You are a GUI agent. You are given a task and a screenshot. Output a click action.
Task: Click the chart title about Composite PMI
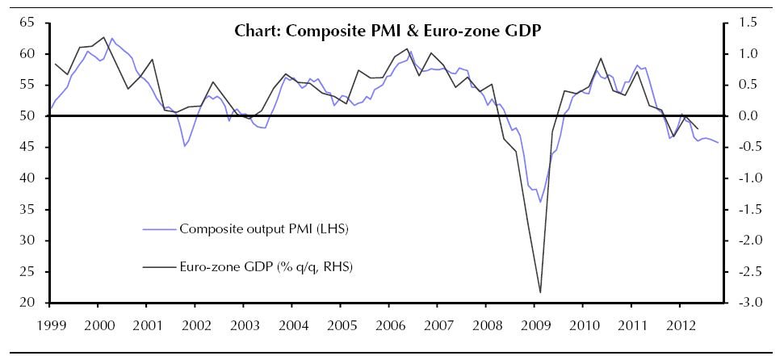(388, 32)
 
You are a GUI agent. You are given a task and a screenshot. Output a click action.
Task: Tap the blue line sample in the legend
(158, 229)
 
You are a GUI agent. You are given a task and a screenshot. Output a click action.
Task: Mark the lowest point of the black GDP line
(539, 292)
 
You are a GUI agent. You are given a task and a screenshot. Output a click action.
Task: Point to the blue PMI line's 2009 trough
(540, 202)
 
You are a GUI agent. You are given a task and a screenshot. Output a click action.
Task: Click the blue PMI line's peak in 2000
(111, 38)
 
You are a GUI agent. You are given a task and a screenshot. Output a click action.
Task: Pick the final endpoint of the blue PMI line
(718, 143)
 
